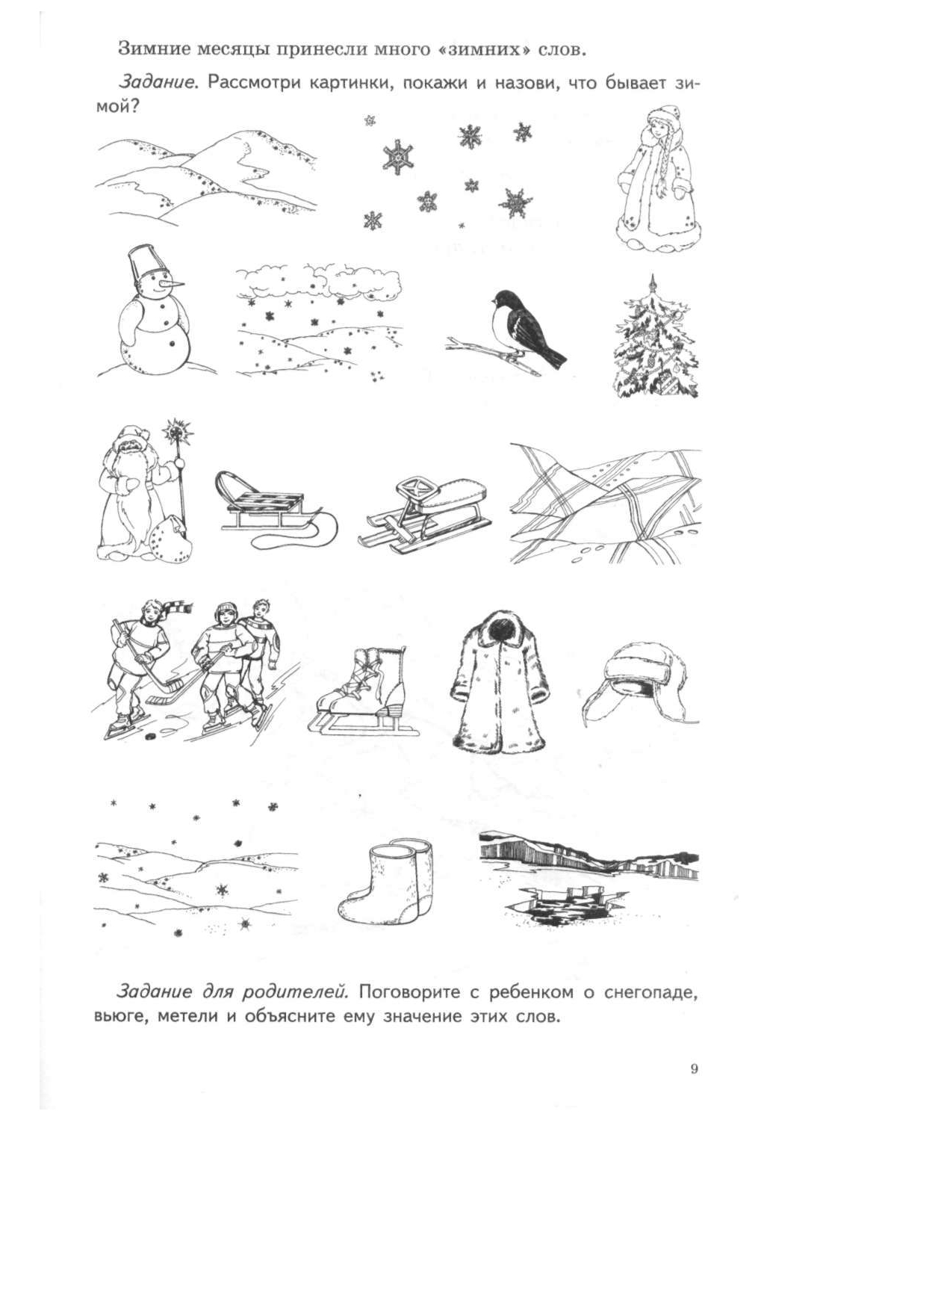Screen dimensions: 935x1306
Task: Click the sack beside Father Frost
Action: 169,538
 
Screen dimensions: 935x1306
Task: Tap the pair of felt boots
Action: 385,880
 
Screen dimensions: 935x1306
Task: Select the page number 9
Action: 694,1069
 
